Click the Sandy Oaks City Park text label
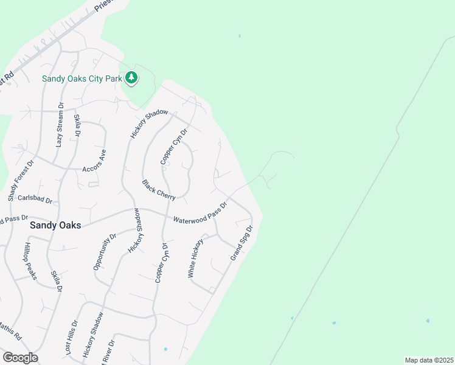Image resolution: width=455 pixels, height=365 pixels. click(81, 78)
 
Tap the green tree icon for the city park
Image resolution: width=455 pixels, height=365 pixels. click(131, 77)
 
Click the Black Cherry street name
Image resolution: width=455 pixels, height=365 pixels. click(159, 189)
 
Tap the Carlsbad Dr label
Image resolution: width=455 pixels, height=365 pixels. click(35, 199)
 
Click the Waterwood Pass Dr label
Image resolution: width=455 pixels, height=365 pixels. click(200, 213)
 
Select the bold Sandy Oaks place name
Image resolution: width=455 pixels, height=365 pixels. click(55, 224)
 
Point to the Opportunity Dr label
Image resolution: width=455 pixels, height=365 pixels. click(105, 251)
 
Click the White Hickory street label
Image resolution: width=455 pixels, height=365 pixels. click(196, 259)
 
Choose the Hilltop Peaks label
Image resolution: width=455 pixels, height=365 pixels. click(31, 262)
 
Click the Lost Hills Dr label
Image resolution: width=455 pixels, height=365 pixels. click(71, 338)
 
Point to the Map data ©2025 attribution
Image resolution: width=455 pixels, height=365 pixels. click(429, 360)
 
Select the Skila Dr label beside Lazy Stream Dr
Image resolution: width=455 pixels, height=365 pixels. click(77, 125)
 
